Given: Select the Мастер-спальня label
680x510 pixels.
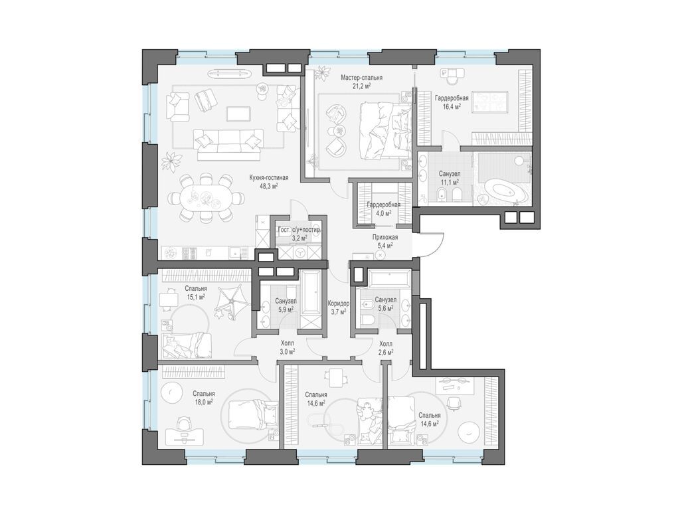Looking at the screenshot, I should (x=361, y=78).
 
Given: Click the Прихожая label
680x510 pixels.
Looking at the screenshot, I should (x=384, y=237).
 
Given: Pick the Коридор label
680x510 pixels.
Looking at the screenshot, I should (x=339, y=303).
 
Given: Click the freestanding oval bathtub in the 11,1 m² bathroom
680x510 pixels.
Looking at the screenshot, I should (x=505, y=190).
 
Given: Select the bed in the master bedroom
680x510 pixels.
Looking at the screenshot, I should (x=384, y=131).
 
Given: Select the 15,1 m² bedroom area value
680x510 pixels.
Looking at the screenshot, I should (x=196, y=297).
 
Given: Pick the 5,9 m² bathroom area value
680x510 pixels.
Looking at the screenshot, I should (x=286, y=309).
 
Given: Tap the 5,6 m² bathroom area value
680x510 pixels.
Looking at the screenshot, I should (x=384, y=308).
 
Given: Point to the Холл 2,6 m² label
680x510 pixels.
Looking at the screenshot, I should (x=385, y=347).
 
